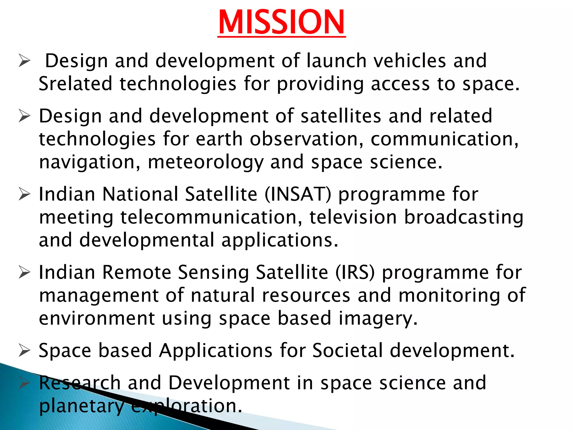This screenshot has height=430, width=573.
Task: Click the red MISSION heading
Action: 281,22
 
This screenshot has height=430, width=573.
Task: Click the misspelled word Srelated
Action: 75,84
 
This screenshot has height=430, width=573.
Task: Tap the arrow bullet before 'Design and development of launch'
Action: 24,61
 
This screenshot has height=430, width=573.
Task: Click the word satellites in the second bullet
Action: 340,116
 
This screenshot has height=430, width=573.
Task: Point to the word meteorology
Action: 206,162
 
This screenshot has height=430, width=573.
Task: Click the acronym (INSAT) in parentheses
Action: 298,194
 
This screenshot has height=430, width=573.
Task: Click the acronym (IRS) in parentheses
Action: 355,272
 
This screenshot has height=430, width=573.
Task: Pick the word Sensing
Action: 213,272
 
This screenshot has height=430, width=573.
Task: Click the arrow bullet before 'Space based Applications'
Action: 24,351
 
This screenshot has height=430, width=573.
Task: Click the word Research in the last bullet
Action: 80,383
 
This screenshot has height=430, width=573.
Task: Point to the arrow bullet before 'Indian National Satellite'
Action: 24,194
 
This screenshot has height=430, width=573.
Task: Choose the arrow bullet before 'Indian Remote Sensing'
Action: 24,272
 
